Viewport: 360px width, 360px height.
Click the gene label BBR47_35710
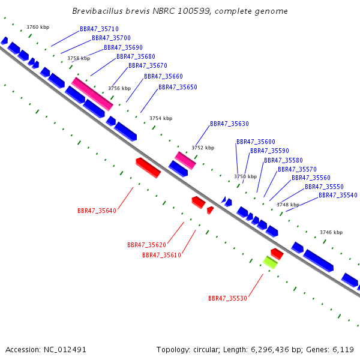tap(99, 29)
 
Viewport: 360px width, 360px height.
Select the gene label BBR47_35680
tap(136, 57)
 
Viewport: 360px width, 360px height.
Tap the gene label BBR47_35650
tap(178, 87)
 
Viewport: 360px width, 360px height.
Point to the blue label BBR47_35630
tap(230, 124)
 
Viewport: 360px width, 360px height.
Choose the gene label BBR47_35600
tap(256, 142)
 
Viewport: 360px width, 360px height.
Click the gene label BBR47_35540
tap(338, 196)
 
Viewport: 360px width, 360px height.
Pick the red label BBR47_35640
tap(97, 211)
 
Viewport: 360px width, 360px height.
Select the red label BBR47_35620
tap(147, 245)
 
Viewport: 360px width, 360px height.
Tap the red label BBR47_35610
tap(162, 256)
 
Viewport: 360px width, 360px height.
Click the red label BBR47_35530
tap(228, 298)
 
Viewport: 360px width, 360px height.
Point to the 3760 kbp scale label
tap(38, 28)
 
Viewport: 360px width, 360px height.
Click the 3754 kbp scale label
tap(161, 118)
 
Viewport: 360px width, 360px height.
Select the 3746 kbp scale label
tap(331, 233)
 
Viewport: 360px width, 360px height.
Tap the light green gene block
tap(270, 262)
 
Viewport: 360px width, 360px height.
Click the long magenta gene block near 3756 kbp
tap(92, 94)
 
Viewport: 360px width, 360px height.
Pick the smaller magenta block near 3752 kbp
tap(185, 160)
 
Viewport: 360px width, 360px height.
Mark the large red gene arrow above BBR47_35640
tap(148, 167)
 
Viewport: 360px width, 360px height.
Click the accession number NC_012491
tap(65, 350)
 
